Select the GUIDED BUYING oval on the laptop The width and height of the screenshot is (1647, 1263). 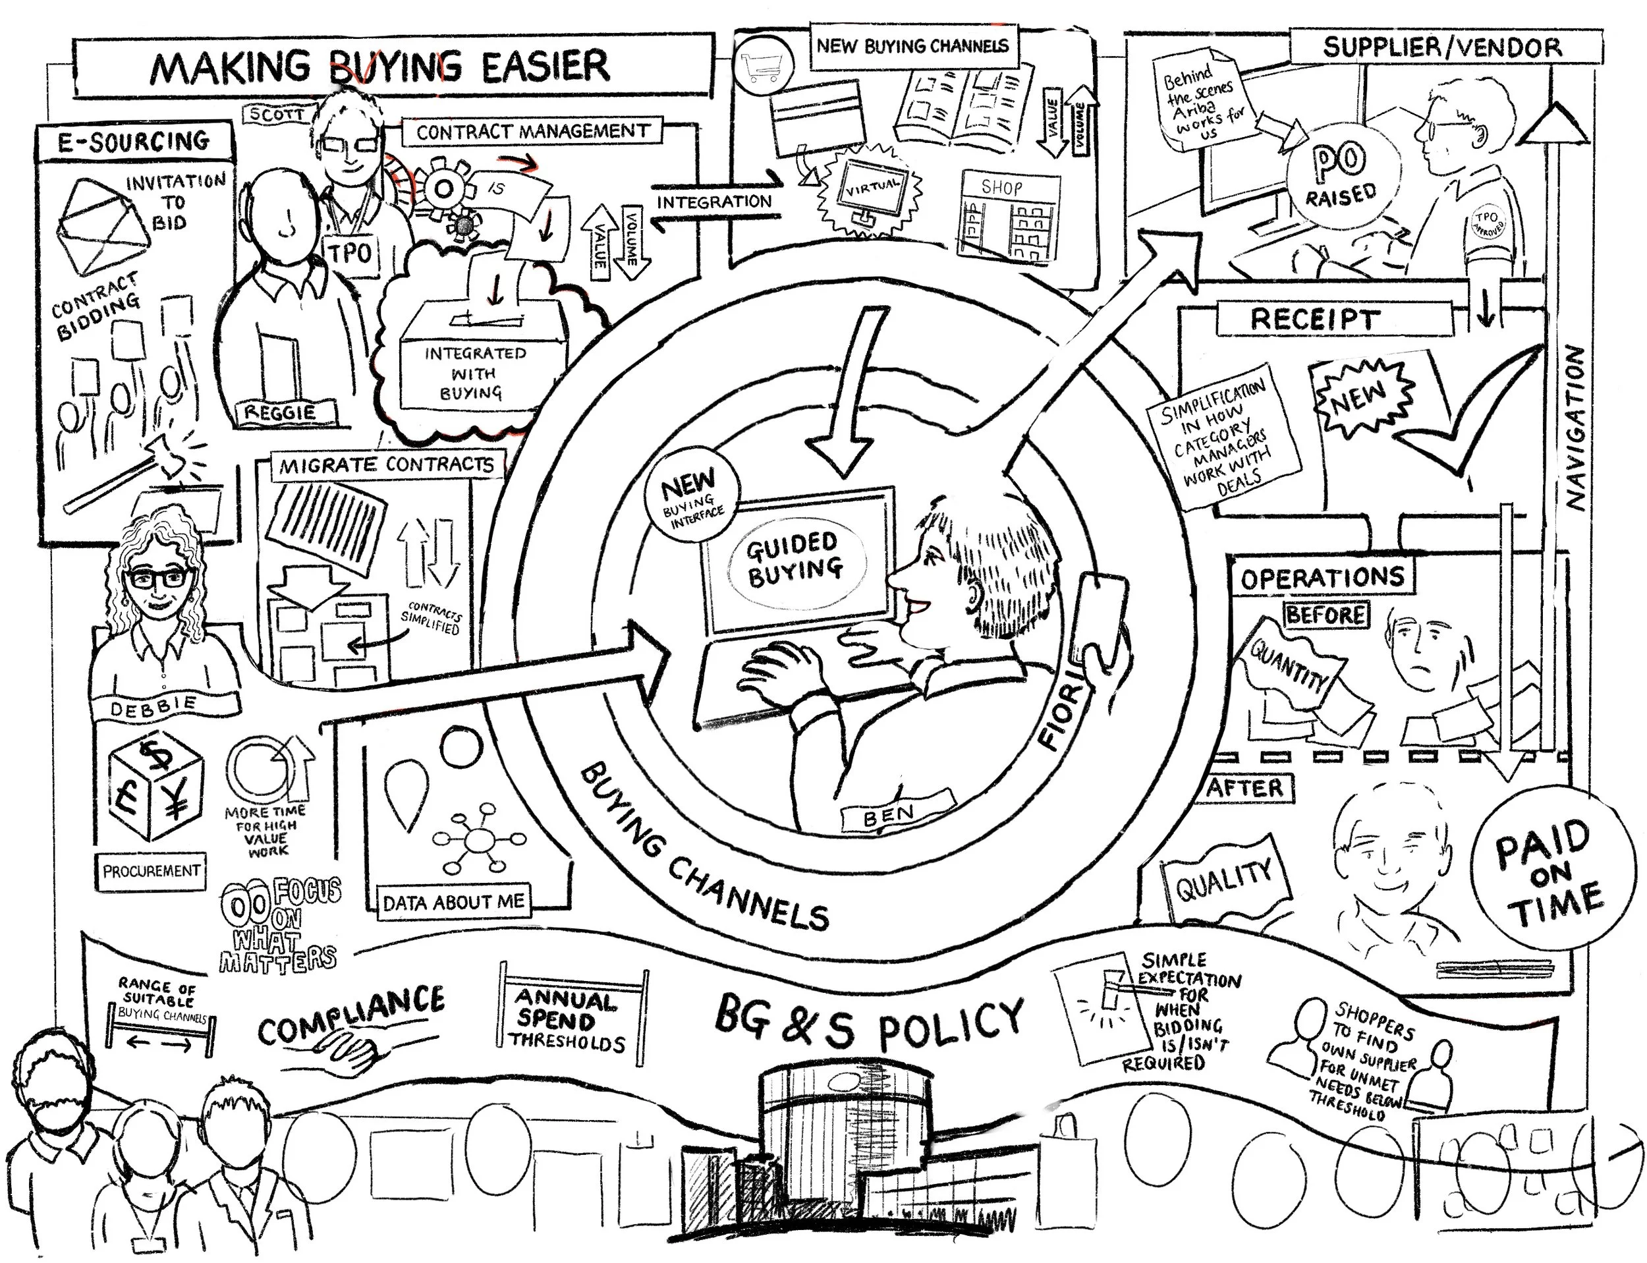pyautogui.click(x=795, y=560)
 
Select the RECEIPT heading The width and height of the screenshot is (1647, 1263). pyautogui.click(x=1314, y=319)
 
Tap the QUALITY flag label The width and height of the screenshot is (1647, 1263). pyautogui.click(x=1224, y=879)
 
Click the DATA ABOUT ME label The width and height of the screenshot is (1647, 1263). pyautogui.click(x=453, y=902)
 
